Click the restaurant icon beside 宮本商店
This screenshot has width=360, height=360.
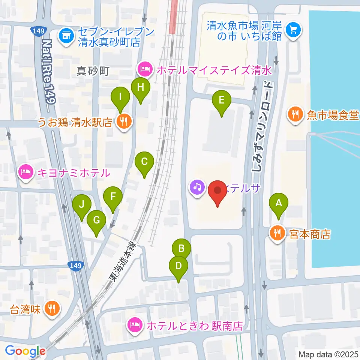277,234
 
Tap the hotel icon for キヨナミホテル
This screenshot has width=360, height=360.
25,172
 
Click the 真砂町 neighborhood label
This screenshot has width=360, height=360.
93,70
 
